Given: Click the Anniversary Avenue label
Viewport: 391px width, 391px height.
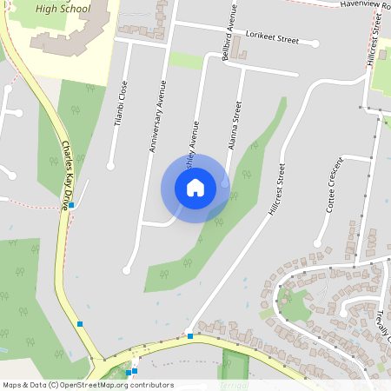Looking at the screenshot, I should click(x=157, y=118).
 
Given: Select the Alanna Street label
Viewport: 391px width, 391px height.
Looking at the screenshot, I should click(x=234, y=125).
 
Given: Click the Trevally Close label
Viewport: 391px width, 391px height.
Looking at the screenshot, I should click(x=381, y=327).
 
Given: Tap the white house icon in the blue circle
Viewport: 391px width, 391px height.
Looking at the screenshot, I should click(x=195, y=188).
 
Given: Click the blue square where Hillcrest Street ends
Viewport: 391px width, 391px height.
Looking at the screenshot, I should click(x=190, y=335).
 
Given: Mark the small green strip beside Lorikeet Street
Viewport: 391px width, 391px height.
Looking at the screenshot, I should click(x=186, y=60).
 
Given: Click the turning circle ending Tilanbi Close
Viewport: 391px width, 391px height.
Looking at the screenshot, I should click(x=110, y=166).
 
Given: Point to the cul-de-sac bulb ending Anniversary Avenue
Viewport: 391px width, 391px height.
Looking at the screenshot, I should click(x=127, y=269).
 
